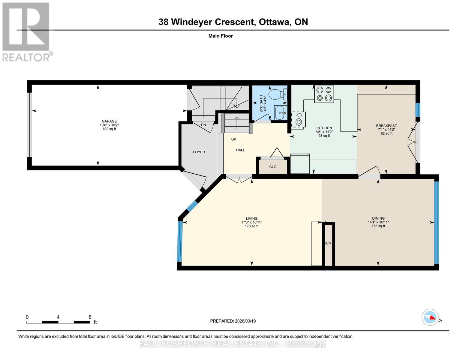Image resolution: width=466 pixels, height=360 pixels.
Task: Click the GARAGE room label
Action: (x=109, y=121)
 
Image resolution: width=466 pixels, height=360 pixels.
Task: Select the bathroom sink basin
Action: (x=280, y=112)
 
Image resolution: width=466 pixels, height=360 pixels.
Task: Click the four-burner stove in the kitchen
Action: (x=324, y=94)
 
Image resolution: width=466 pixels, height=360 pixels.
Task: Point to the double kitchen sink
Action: (x=298, y=119)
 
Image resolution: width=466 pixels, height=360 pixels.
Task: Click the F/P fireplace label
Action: (x=328, y=244)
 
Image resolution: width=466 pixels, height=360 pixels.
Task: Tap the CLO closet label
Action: (x=273, y=167)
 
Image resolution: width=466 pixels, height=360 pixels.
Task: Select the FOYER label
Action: (x=199, y=152)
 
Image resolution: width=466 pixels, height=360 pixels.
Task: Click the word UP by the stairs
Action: (x=234, y=139)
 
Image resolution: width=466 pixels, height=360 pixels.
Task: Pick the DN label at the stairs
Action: (x=203, y=125)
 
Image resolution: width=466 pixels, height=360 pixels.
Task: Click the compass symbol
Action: (x=430, y=317)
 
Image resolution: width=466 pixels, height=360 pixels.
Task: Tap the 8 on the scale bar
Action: (x=90, y=317)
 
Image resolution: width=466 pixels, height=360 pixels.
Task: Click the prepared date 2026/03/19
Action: (x=245, y=321)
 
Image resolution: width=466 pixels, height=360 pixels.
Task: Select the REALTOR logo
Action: (x=26, y=31)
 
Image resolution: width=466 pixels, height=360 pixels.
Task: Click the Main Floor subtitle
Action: (x=221, y=36)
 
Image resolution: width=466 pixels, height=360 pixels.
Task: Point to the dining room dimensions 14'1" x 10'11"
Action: (x=378, y=222)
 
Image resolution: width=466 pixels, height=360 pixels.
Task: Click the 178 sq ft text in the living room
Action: (x=251, y=226)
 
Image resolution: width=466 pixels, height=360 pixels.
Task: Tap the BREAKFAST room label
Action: (x=386, y=126)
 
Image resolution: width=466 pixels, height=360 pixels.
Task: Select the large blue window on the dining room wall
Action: (x=437, y=222)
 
